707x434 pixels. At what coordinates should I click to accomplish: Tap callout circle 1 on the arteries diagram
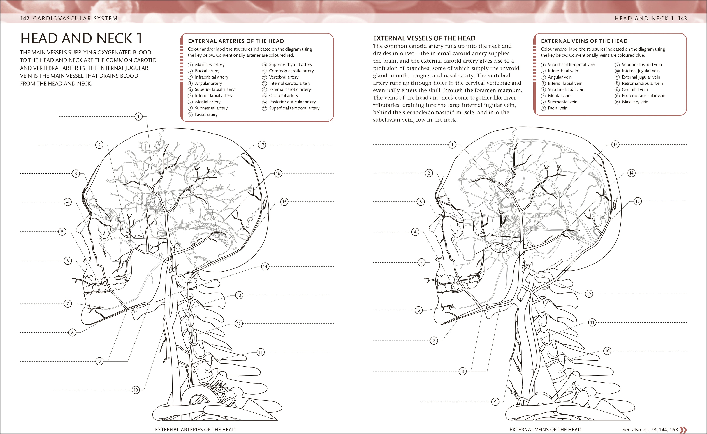pos(138,116)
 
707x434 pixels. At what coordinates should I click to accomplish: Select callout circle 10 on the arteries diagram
pos(136,390)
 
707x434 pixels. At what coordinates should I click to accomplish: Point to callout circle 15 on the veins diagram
pos(615,144)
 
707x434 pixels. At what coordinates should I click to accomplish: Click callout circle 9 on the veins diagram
pos(495,402)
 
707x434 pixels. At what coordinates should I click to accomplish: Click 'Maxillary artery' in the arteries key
pos(210,65)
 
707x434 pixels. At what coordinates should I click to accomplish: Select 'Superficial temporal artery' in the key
pos(294,108)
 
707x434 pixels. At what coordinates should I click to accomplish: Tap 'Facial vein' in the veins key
pos(557,108)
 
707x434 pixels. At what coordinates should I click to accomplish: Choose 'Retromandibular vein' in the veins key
pos(642,83)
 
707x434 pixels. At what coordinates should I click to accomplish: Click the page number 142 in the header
pos(25,18)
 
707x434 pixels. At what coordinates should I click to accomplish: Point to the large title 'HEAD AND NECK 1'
pos(81,38)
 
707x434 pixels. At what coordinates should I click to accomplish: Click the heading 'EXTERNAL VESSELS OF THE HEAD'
pos(424,38)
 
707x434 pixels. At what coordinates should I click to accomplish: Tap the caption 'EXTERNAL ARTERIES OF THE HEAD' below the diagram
pos(195,429)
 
